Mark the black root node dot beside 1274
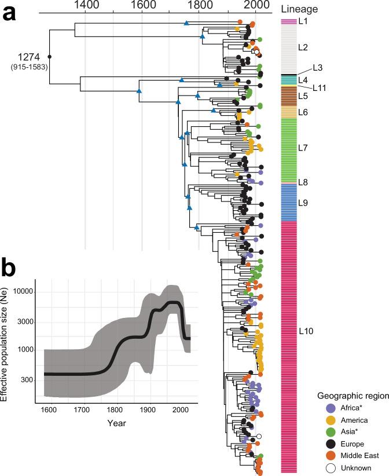50,57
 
